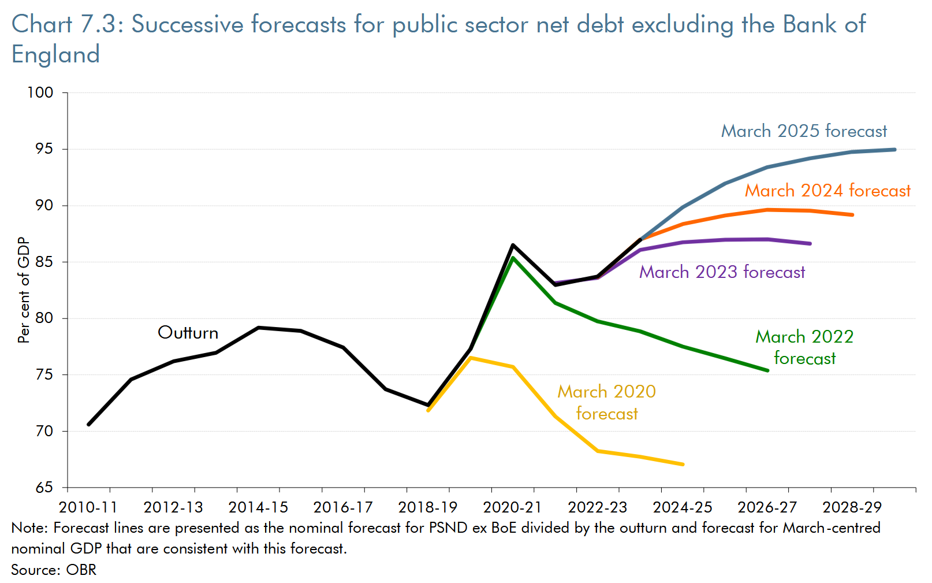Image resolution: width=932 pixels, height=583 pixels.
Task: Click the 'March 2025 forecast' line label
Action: [804, 131]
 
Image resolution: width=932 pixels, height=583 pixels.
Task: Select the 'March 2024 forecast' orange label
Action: [827, 191]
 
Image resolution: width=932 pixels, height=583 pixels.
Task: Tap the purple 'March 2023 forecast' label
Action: [722, 272]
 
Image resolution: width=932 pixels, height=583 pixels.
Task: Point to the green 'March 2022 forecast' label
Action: [804, 347]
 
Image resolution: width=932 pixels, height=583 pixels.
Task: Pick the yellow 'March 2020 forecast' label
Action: [606, 402]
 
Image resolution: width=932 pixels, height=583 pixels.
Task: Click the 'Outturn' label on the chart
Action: [188, 333]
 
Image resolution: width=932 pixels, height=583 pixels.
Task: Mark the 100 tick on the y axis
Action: [40, 92]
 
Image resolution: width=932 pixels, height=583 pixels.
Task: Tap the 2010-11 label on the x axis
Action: [88, 507]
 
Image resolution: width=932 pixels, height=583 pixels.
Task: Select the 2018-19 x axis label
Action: [427, 507]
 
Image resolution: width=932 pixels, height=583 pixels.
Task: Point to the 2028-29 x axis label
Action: [852, 507]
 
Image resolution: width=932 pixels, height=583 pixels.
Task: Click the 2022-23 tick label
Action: [597, 507]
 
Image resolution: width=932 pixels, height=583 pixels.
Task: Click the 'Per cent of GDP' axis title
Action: [24, 290]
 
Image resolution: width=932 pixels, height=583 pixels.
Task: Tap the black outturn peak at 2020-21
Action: [513, 245]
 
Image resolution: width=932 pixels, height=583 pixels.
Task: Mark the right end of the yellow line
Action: [683, 464]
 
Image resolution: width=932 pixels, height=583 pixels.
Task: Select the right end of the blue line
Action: [894, 150]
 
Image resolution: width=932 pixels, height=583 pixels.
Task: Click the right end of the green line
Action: [767, 370]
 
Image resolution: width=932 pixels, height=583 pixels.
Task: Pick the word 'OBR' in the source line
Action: [81, 570]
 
